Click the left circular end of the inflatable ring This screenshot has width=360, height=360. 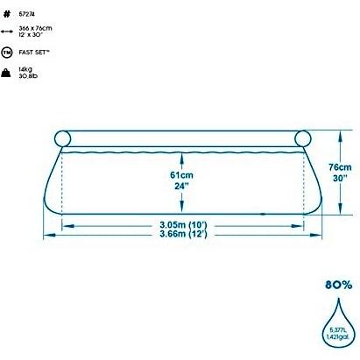click(x=62, y=138)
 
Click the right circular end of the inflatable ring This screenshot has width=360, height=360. click(x=304, y=138)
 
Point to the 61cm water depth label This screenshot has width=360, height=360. click(x=181, y=174)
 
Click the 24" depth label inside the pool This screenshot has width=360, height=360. click(x=181, y=187)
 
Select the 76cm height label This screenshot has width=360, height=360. click(x=340, y=166)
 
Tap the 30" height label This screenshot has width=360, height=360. click(x=340, y=179)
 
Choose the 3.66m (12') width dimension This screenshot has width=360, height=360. click(x=183, y=235)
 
